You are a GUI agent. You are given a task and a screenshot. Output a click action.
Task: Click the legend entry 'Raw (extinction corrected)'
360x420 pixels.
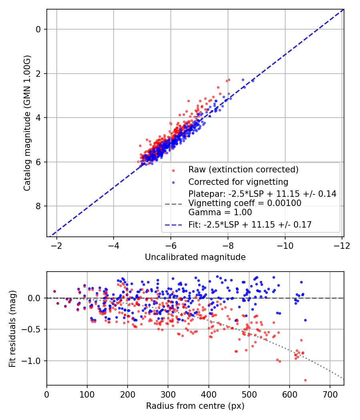click(x=244, y=170)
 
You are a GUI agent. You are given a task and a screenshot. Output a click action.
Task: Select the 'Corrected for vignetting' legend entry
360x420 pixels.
click(x=238, y=182)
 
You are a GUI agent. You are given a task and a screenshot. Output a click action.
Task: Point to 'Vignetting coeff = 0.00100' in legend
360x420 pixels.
click(x=245, y=203)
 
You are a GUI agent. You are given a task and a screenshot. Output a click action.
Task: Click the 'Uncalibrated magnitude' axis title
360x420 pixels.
click(x=195, y=257)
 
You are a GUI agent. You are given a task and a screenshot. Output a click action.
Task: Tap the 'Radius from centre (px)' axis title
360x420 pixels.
click(x=195, y=406)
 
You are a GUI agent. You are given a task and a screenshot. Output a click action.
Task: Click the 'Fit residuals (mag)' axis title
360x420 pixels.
click(x=12, y=329)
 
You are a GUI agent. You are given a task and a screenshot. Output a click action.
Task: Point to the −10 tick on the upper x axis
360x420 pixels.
click(x=285, y=244)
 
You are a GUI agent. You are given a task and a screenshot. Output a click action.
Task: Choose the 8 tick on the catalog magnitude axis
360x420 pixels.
click(x=39, y=206)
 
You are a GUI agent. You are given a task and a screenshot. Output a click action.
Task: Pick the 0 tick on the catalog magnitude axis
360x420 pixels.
click(x=39, y=29)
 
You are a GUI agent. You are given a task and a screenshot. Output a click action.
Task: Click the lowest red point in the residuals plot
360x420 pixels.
click(x=305, y=380)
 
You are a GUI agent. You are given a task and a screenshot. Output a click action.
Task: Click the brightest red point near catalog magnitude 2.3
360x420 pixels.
click(x=229, y=80)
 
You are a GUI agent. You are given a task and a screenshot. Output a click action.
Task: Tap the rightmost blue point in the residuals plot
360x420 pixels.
click(x=305, y=320)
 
